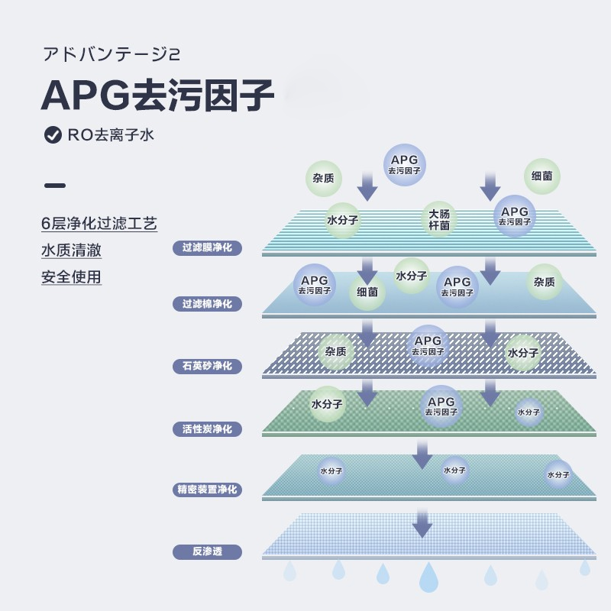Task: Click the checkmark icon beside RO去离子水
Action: click(x=53, y=135)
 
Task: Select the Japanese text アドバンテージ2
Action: click(x=111, y=55)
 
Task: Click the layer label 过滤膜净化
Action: click(x=207, y=247)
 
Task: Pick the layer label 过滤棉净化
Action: click(x=207, y=304)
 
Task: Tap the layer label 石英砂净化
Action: click(x=207, y=367)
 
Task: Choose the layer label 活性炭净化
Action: click(x=207, y=429)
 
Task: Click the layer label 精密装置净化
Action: click(x=207, y=490)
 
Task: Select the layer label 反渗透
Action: click(x=207, y=551)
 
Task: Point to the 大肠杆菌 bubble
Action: click(x=439, y=219)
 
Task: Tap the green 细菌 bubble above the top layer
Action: click(x=542, y=176)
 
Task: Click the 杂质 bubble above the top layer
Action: click(x=323, y=178)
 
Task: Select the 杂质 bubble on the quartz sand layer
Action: click(x=336, y=352)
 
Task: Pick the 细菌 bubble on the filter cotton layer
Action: click(x=367, y=292)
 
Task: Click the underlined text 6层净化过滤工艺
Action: click(x=99, y=224)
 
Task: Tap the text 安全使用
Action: click(x=71, y=276)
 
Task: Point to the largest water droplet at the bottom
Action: click(x=428, y=577)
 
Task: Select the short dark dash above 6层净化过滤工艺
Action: click(x=55, y=186)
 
